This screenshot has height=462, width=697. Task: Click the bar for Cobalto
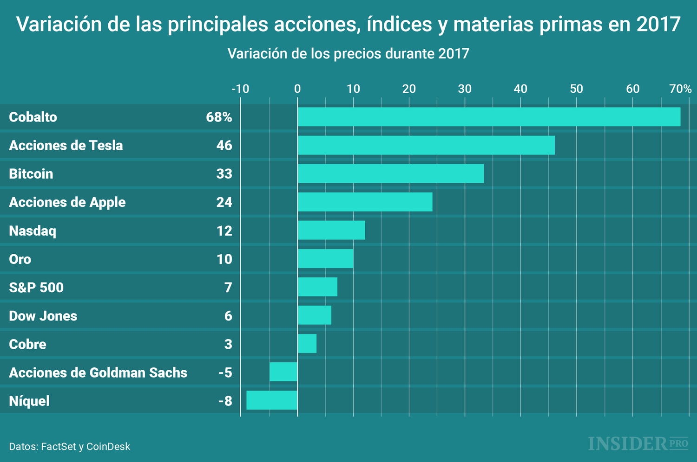tap(489, 117)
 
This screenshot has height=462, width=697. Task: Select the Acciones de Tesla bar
tap(426, 145)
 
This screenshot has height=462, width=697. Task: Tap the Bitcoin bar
tap(390, 173)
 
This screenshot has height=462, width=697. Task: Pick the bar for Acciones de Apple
tap(365, 202)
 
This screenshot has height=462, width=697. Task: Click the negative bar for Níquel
tap(272, 400)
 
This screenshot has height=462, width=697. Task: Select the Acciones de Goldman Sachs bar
tap(283, 372)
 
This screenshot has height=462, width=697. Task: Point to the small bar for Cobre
tap(307, 344)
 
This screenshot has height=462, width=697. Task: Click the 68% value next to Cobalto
tap(219, 117)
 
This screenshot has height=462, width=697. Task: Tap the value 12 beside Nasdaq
tap(224, 231)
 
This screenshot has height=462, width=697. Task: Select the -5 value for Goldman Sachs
tap(225, 372)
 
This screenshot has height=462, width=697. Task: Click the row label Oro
tap(20, 259)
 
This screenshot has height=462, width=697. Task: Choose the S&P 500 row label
tap(36, 288)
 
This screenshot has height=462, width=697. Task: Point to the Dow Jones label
tap(43, 316)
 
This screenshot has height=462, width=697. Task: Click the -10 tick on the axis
tap(240, 89)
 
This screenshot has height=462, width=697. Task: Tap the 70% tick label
tap(680, 89)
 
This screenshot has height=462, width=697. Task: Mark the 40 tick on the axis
tap(520, 89)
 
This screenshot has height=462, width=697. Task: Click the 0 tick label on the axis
tap(297, 89)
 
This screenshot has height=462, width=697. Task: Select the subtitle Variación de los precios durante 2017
tap(348, 54)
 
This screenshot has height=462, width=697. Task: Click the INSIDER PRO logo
tap(638, 443)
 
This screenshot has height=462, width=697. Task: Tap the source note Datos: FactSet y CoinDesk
tap(70, 446)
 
